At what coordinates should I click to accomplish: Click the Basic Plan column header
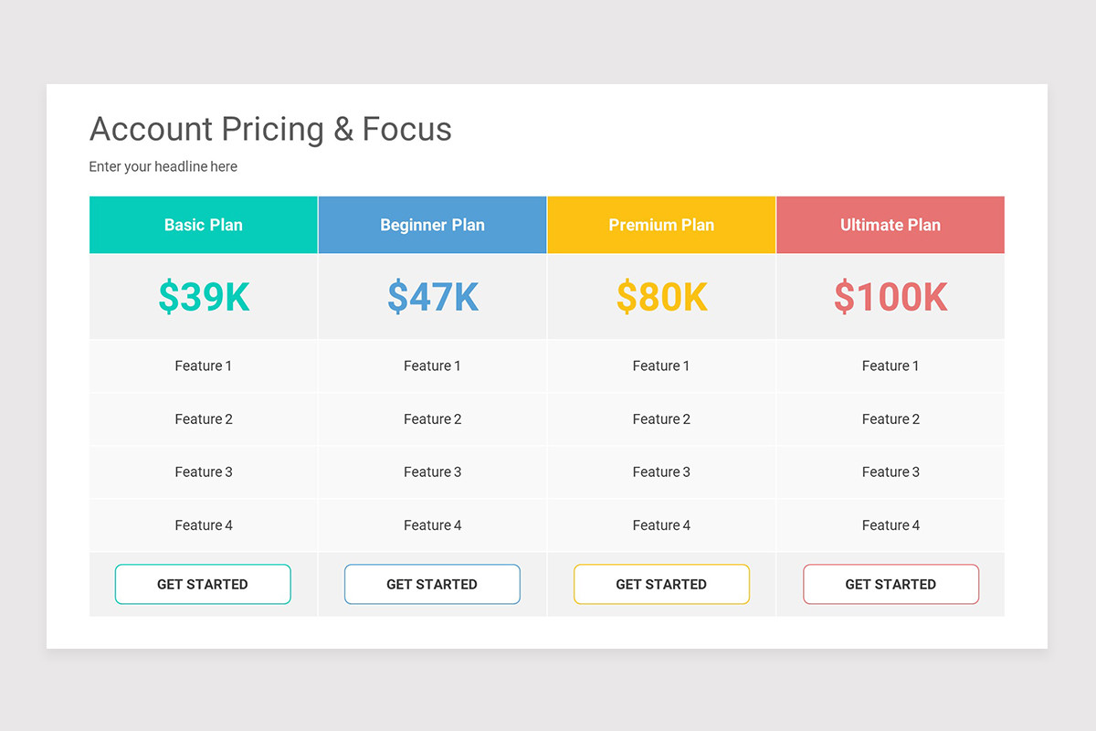tap(204, 225)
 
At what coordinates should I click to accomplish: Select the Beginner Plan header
tap(432, 225)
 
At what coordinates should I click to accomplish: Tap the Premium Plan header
tap(661, 225)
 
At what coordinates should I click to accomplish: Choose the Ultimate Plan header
tap(890, 225)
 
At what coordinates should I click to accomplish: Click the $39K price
tap(204, 297)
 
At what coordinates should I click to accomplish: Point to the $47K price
tap(433, 297)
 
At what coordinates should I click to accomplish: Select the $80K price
tap(661, 297)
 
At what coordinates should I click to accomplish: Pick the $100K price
tap(890, 297)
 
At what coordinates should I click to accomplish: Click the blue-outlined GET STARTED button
tap(432, 584)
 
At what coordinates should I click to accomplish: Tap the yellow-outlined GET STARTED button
tap(661, 584)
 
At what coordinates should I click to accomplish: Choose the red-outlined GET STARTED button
tap(890, 584)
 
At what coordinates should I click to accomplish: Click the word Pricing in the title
tap(272, 130)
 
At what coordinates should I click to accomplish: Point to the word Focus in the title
tap(406, 130)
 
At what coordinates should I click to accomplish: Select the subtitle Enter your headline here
tap(163, 166)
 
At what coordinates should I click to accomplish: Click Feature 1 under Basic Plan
tap(204, 365)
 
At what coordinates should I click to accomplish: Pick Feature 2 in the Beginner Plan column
tap(432, 419)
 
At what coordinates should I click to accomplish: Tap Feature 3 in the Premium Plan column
tap(661, 472)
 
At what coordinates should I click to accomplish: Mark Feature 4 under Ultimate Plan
tap(890, 525)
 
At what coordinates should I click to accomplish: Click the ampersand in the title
tap(343, 130)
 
